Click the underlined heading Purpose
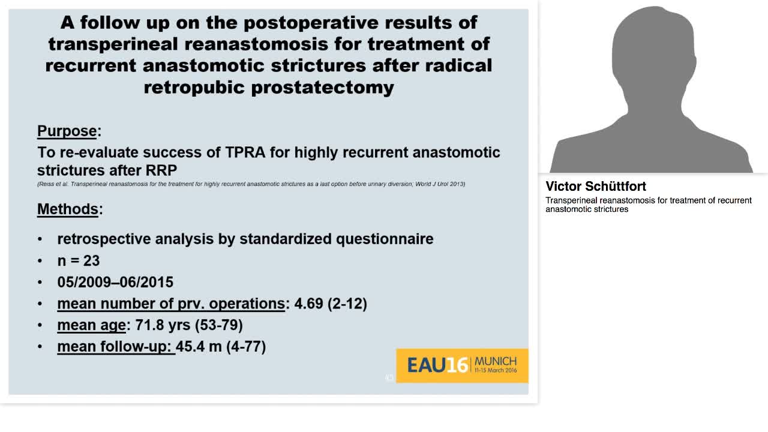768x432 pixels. (x=67, y=131)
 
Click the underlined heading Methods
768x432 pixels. (x=67, y=209)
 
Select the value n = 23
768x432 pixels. (x=78, y=261)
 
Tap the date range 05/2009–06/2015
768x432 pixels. (x=115, y=283)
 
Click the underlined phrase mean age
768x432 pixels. (x=91, y=325)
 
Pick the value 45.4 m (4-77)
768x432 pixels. (x=221, y=347)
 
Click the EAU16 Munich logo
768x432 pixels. (x=461, y=365)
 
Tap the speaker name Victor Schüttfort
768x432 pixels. (x=595, y=187)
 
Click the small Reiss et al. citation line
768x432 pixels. (x=251, y=184)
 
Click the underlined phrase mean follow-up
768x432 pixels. (x=115, y=347)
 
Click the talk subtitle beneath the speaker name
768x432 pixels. (x=648, y=205)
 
